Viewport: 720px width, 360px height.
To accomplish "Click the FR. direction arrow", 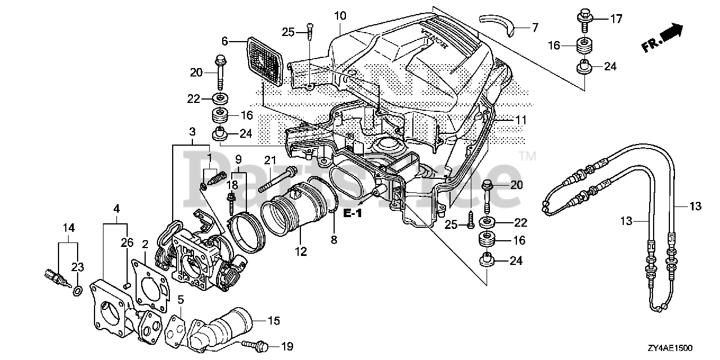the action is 663,38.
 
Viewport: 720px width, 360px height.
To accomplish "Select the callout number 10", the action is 340,15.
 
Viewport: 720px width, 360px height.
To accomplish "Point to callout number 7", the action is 535,28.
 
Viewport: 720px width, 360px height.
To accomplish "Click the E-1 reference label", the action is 353,213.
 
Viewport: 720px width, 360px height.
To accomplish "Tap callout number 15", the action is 274,321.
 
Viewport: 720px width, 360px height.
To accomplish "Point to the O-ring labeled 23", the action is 78,291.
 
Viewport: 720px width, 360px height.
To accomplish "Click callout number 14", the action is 69,228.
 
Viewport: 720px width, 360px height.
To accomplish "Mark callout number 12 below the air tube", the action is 301,251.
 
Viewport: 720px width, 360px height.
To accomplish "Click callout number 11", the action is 521,120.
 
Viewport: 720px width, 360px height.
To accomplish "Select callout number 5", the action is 181,300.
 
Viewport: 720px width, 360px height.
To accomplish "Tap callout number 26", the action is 127,242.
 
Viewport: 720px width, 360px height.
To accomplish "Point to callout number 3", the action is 192,132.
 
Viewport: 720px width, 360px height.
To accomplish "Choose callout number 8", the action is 334,240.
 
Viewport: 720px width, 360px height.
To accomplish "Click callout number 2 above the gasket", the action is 145,244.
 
